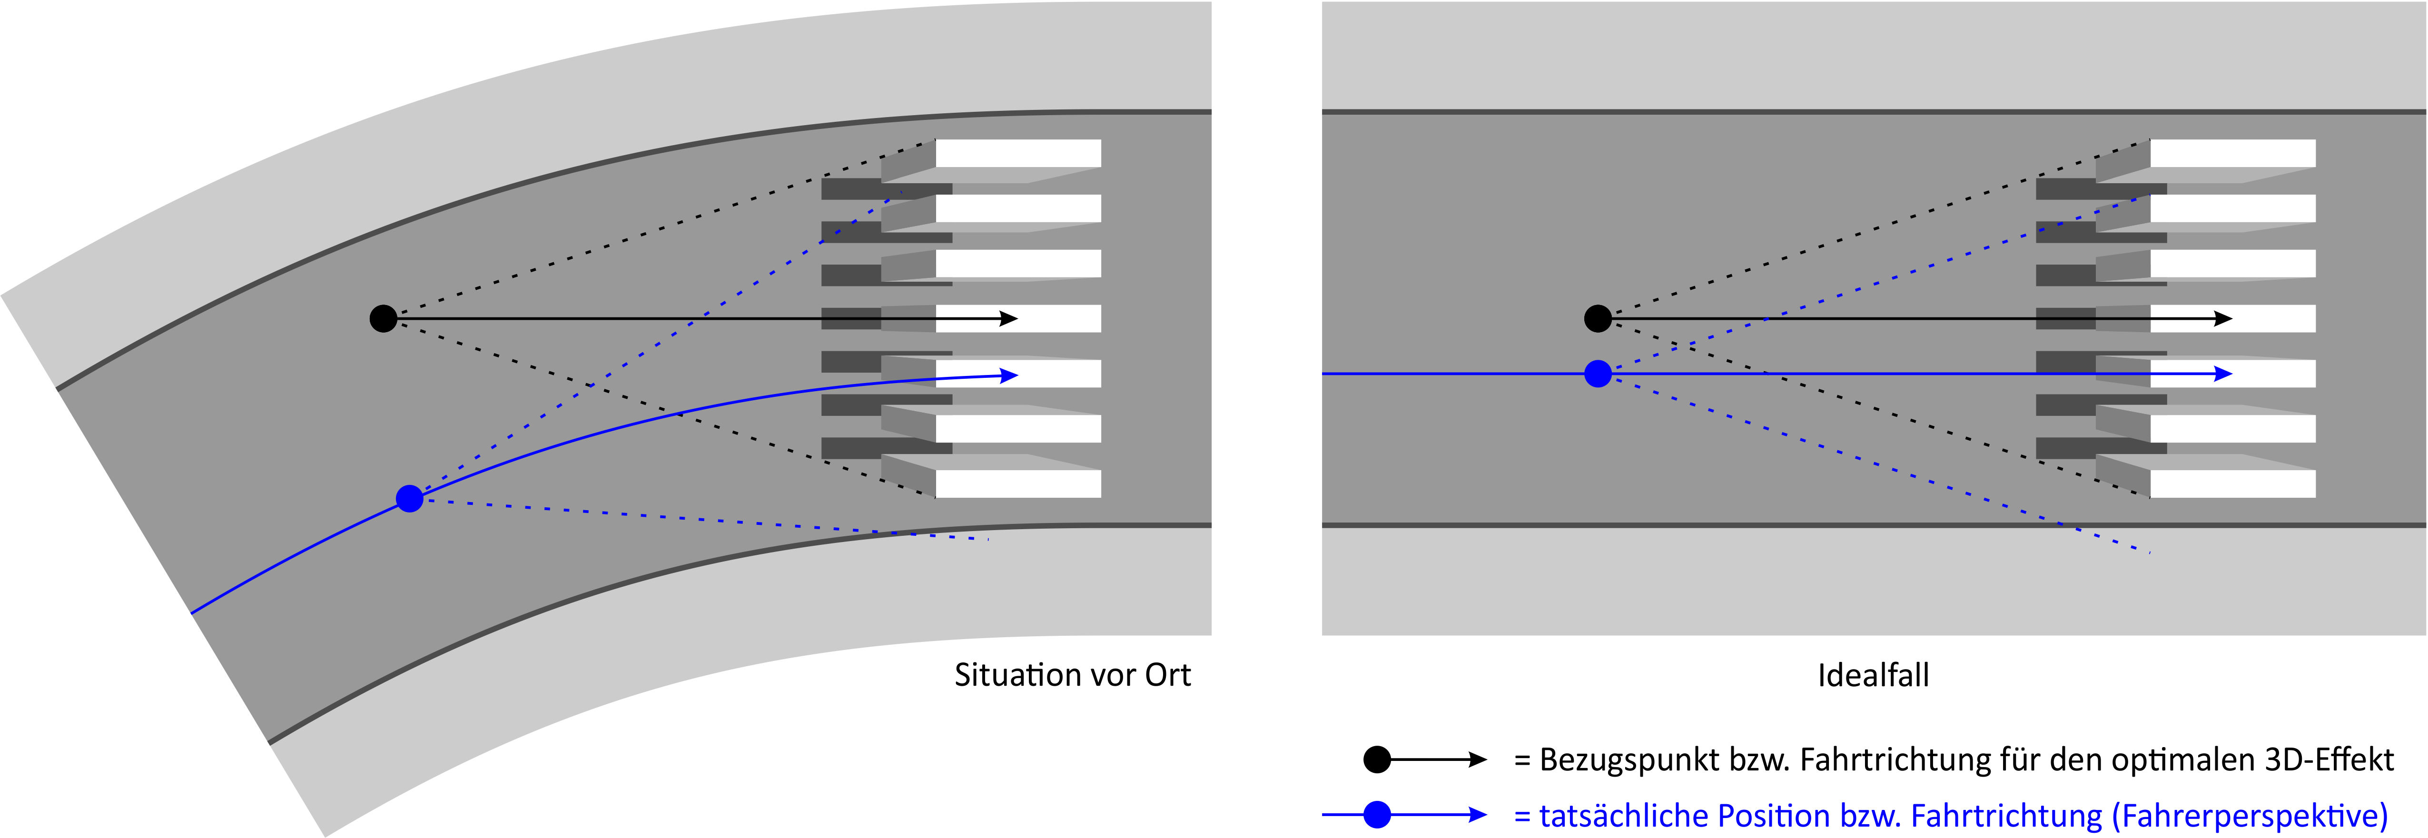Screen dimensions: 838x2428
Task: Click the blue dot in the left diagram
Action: pos(409,499)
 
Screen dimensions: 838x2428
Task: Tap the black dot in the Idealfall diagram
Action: pos(1598,319)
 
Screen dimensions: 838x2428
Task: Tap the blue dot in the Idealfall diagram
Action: pos(1598,374)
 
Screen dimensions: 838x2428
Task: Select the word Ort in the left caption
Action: pos(1167,675)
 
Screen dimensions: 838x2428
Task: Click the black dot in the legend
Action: pos(1377,760)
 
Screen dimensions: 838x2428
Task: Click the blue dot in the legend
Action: pos(1377,814)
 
